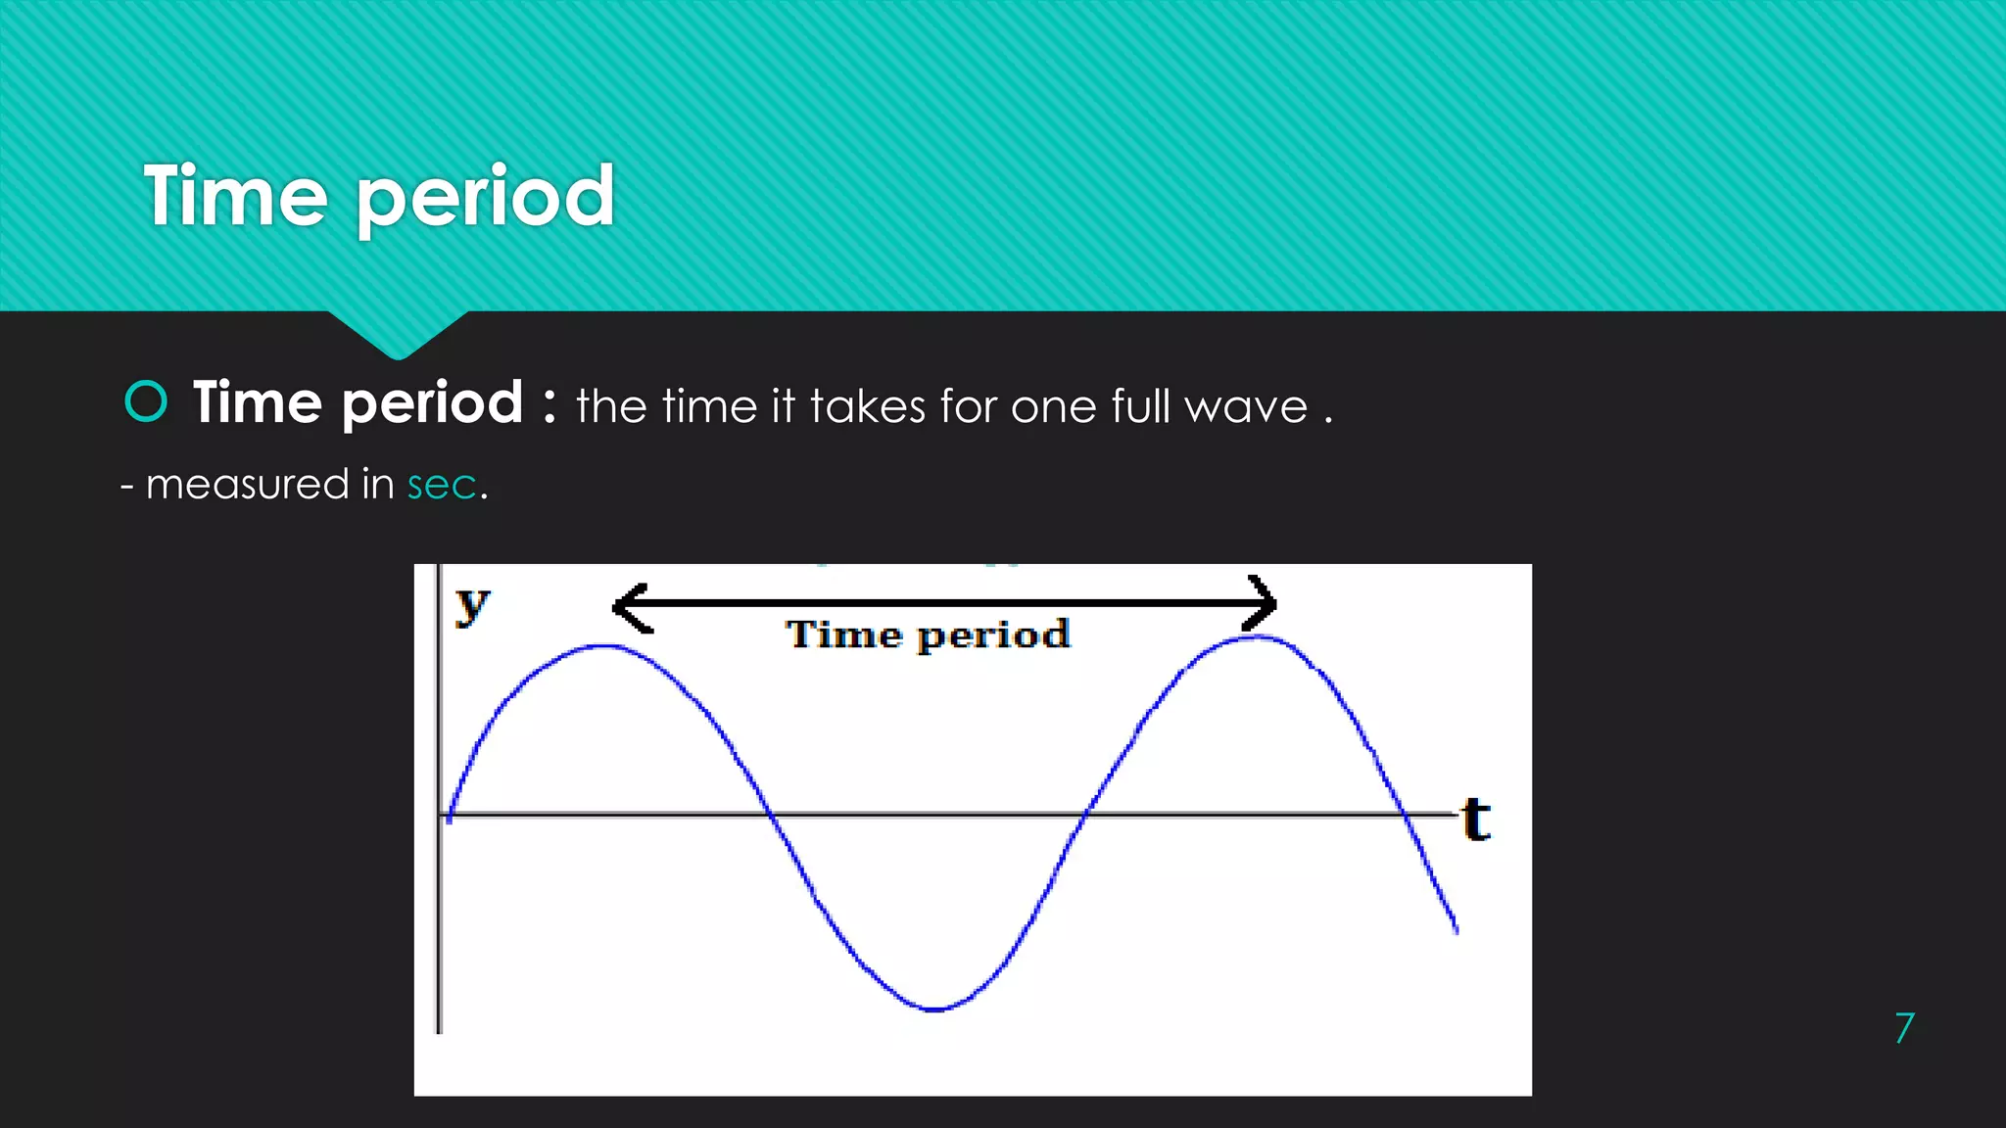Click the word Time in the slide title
click(x=235, y=197)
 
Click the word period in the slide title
click(x=484, y=201)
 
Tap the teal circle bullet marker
click(x=147, y=401)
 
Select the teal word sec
click(x=442, y=485)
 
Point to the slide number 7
click(x=1903, y=1028)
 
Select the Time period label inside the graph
click(x=928, y=635)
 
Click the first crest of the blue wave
click(x=604, y=646)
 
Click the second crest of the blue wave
click(x=1258, y=638)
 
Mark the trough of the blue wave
click(x=934, y=1008)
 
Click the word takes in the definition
click(x=867, y=405)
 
